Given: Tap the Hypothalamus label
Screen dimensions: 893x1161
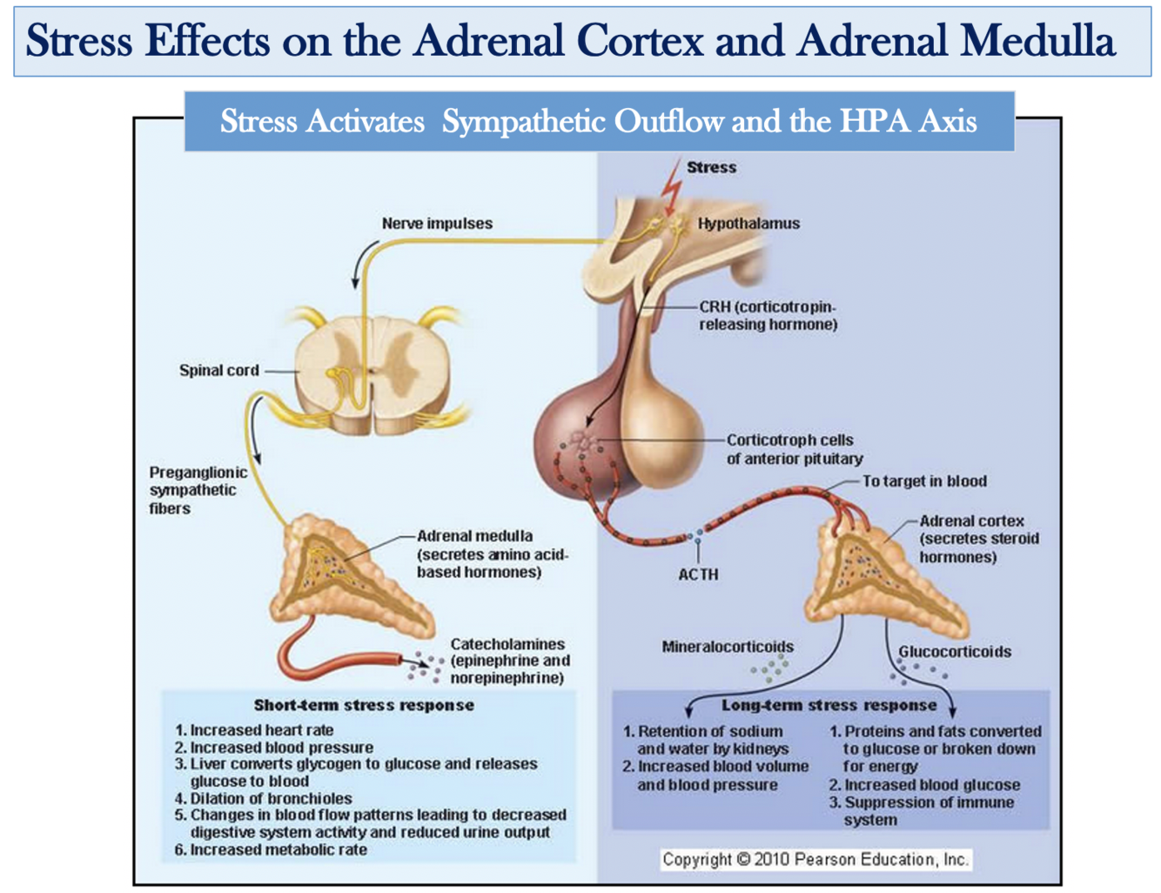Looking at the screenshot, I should pyautogui.click(x=748, y=224).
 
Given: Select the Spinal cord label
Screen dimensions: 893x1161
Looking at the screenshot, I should pyautogui.click(x=218, y=370).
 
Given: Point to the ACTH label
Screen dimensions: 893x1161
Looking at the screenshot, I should pyautogui.click(x=698, y=574).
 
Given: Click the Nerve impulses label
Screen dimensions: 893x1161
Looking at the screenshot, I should pyautogui.click(x=437, y=224).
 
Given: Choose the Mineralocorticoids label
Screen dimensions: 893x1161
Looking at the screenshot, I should pyautogui.click(x=728, y=647).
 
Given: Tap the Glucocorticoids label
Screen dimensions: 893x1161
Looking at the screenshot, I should pyautogui.click(x=955, y=652).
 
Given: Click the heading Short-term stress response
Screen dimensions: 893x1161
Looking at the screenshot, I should pyautogui.click(x=364, y=705).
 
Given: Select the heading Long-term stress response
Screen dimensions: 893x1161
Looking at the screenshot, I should pyautogui.click(x=829, y=705).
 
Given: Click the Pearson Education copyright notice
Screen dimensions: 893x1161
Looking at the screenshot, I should pyautogui.click(x=815, y=859).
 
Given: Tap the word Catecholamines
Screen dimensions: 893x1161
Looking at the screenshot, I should pyautogui.click(x=507, y=644).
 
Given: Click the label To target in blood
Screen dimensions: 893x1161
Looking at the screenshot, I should pyautogui.click(x=924, y=481).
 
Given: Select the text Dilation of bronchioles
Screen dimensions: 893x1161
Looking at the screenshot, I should pyautogui.click(x=271, y=798).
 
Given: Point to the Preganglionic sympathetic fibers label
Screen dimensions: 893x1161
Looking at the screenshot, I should pyautogui.click(x=198, y=490).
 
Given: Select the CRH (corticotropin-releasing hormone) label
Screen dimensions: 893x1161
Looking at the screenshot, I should pyautogui.click(x=768, y=316).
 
